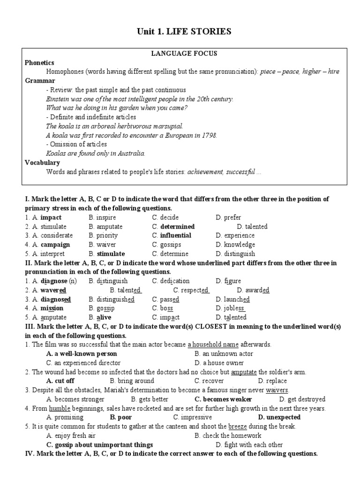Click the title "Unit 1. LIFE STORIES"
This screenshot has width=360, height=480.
tap(184, 31)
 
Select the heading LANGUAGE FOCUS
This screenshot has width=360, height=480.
tap(184, 53)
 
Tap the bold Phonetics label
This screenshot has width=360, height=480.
tap(39, 62)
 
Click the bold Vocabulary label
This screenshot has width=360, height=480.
tap(42, 162)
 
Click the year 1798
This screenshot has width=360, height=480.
tap(208, 135)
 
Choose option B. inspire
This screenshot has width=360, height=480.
tap(102, 217)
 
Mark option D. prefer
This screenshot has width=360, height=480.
tap(229, 217)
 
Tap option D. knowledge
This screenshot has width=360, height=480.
tap(235, 244)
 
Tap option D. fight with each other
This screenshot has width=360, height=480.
tap(249, 444)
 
